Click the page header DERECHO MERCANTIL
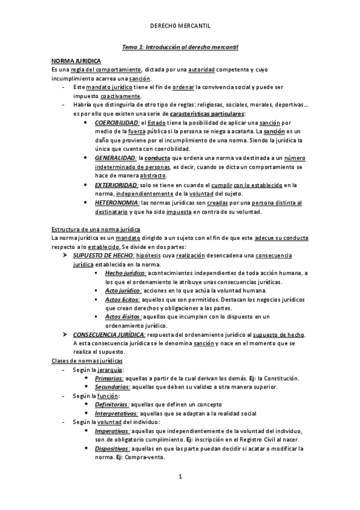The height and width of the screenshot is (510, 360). (180, 26)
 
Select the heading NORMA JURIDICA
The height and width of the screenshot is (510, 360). (76, 62)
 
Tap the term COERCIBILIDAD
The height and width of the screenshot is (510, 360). (117, 122)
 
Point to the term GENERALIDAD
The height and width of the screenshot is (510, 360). (115, 158)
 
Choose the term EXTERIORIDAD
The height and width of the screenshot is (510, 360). (116, 185)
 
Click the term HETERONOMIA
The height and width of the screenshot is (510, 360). (117, 203)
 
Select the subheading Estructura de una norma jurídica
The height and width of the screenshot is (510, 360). (97, 230)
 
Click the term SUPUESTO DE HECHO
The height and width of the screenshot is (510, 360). (99, 256)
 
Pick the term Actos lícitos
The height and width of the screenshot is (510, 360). (123, 300)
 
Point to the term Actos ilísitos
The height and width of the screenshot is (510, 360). (123, 317)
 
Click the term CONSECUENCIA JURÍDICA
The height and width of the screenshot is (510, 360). (109, 334)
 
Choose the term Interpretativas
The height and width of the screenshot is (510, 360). (117, 413)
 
